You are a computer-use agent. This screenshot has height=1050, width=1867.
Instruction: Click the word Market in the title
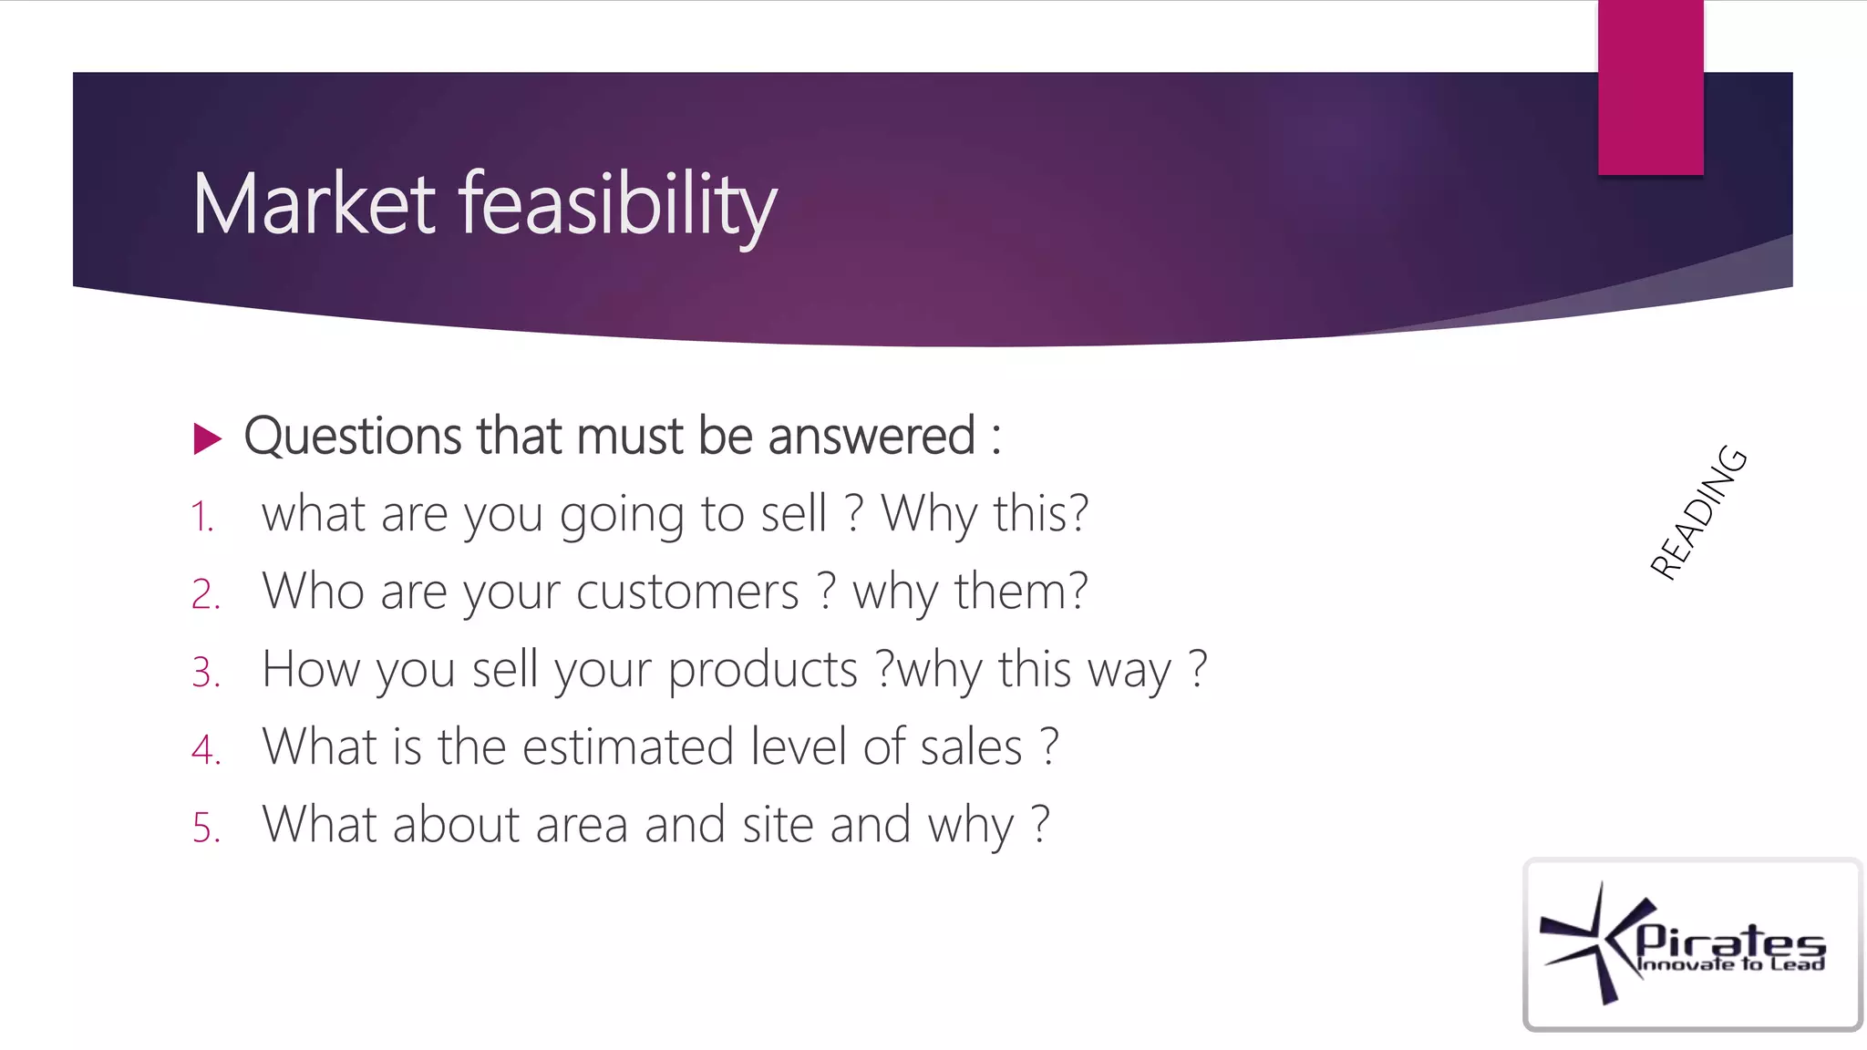[315, 204]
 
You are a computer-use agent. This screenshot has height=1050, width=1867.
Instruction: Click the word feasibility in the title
[617, 206]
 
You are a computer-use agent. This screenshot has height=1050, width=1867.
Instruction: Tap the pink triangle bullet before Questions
[208, 438]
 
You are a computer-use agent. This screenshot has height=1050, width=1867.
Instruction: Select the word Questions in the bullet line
[352, 436]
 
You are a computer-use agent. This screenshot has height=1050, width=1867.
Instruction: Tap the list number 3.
[206, 673]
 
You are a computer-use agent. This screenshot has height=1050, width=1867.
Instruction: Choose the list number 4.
[206, 750]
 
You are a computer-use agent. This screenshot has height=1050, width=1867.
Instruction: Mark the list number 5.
[206, 828]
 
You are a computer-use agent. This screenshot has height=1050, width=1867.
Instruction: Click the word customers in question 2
[687, 592]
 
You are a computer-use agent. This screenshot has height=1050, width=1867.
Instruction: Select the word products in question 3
[762, 671]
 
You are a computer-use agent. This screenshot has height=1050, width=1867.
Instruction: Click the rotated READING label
[1698, 513]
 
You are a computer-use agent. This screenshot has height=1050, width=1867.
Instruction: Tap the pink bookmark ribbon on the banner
[1650, 87]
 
